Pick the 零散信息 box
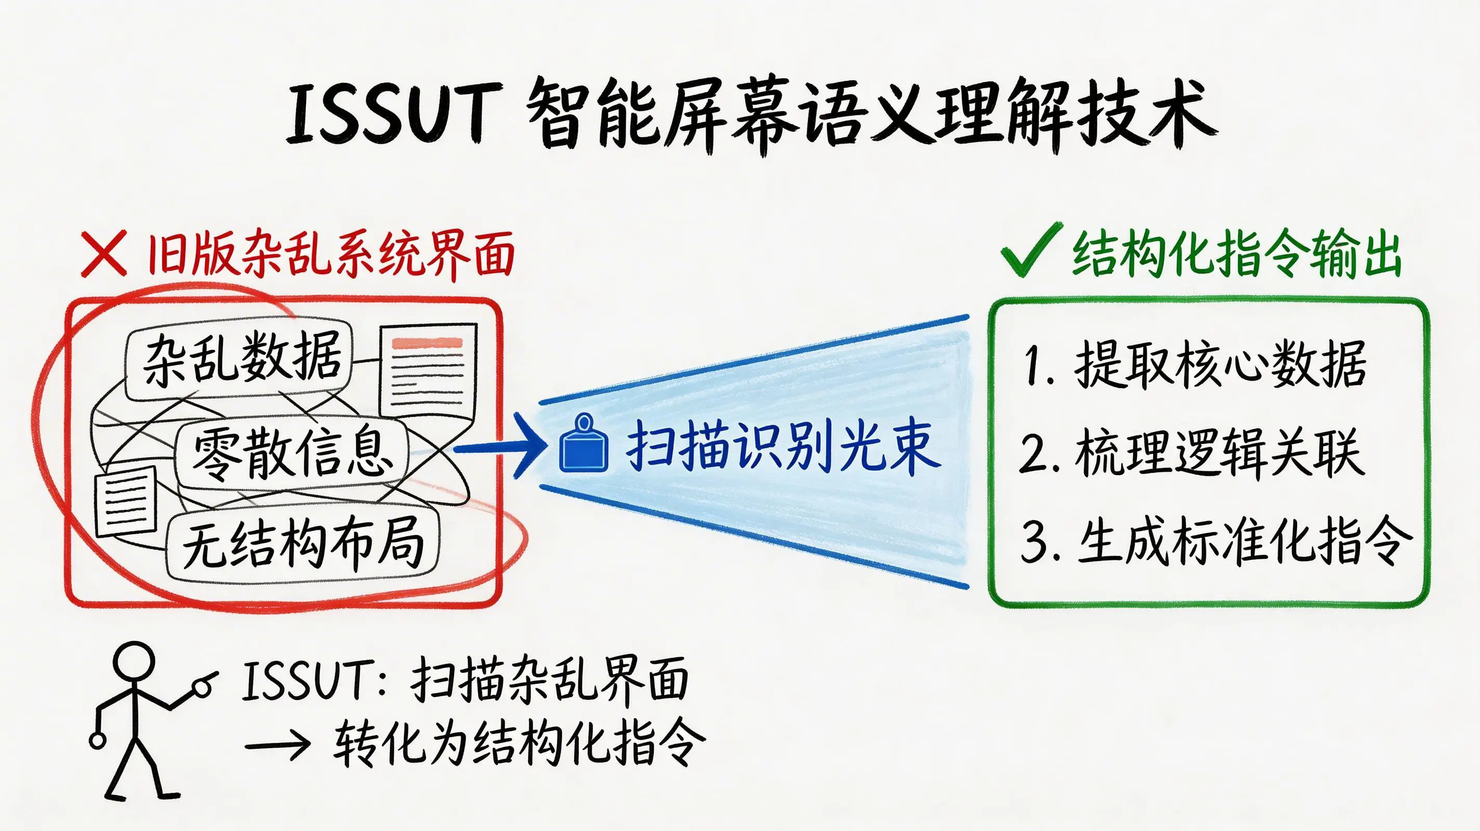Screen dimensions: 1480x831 pos(292,454)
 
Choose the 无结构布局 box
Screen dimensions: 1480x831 pos(303,543)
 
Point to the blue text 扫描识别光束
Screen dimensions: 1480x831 pos(783,447)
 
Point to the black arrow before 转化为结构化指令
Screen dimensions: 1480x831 pos(278,745)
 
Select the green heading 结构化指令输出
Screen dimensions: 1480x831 pos(1237,254)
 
